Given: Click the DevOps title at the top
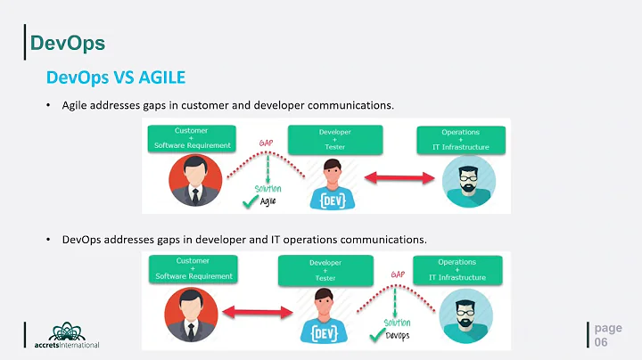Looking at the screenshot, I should tap(68, 42).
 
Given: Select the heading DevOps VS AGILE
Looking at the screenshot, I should tap(116, 78).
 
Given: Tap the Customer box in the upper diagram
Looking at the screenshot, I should tap(192, 139).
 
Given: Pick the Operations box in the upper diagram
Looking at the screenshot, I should tap(460, 139).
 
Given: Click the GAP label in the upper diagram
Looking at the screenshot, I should tap(267, 143).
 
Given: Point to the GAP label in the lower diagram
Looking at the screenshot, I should tap(399, 274).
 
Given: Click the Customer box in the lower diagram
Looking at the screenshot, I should tap(193, 269).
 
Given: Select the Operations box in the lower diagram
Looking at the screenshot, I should tap(457, 270).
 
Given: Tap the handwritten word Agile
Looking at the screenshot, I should tap(267, 202).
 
